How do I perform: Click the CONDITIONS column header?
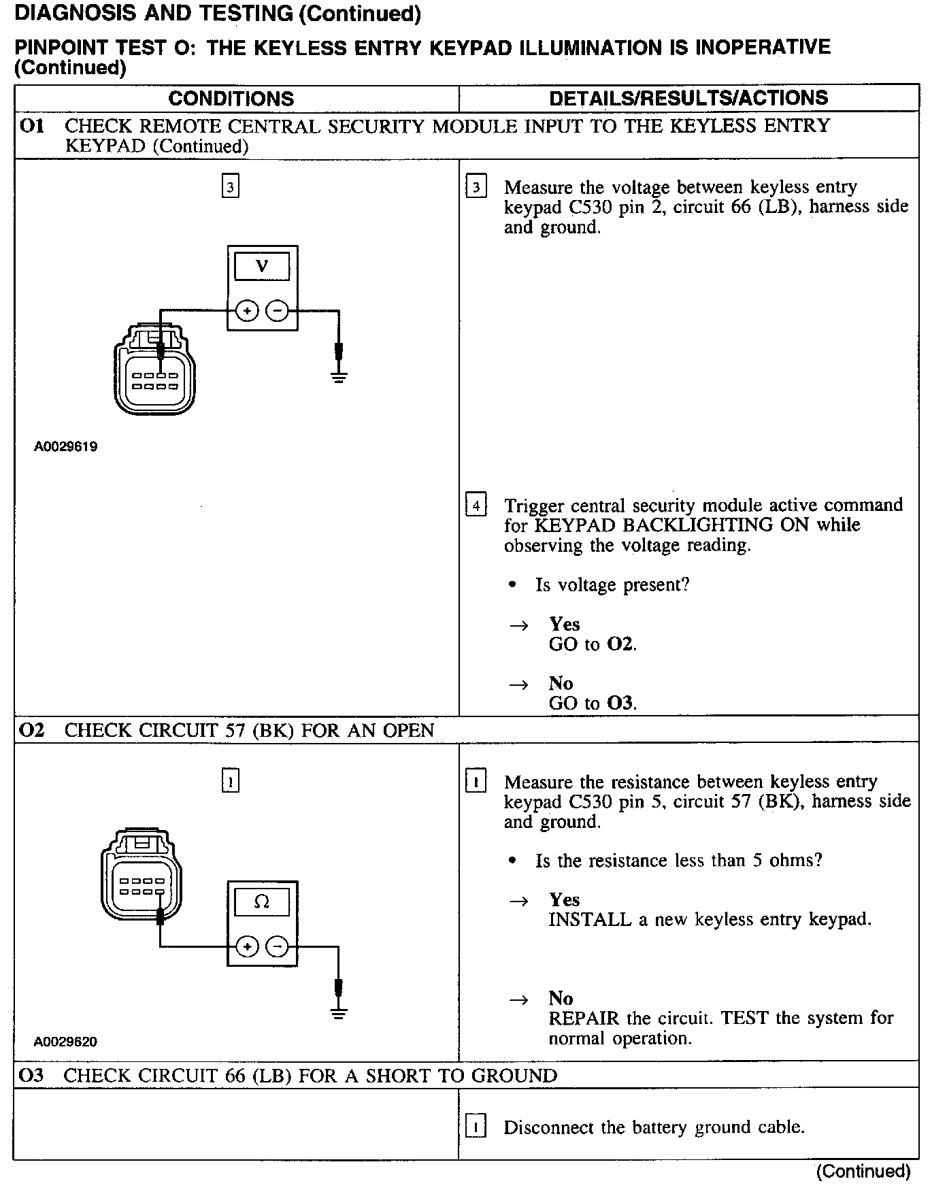pos(231,99)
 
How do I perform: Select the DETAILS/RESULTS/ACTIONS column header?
pos(688,98)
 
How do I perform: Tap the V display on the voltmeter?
pos(262,266)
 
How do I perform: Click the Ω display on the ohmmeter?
pos(262,902)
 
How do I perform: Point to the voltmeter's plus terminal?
pos(247,312)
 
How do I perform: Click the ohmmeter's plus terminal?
pos(247,946)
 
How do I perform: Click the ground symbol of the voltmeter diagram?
pos(339,376)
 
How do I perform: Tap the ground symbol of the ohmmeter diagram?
pos(339,1012)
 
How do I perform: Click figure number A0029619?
pos(66,447)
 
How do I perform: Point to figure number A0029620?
pos(66,1042)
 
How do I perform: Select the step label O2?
pos(32,730)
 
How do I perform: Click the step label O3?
pos(32,1076)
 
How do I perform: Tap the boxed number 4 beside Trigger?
pos(476,506)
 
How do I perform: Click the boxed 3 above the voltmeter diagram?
pos(231,186)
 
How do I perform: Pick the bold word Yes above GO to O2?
pos(565,624)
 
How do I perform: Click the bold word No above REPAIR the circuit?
pos(561,998)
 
